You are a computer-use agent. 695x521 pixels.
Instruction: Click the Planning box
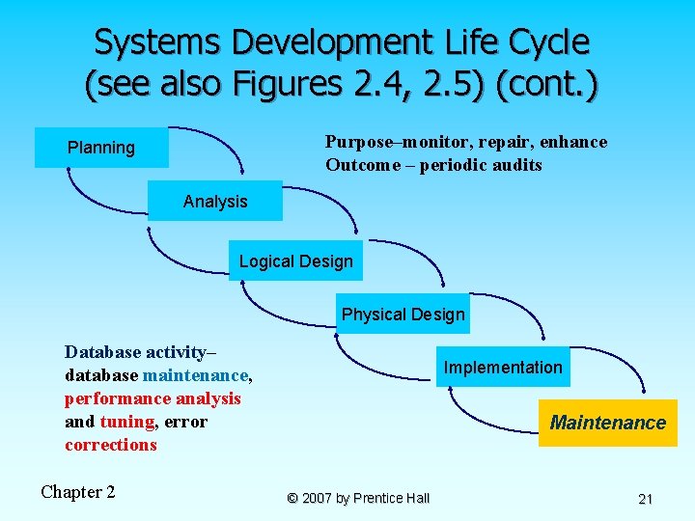pyautogui.click(x=101, y=148)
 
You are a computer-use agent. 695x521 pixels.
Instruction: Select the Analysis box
pyautogui.click(x=215, y=202)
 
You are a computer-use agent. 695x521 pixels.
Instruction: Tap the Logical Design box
pyautogui.click(x=296, y=261)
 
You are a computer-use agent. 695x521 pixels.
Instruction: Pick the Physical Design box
pyautogui.click(x=403, y=315)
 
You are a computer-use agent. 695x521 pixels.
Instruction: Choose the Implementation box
pyautogui.click(x=502, y=368)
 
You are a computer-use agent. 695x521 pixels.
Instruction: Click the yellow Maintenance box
pyautogui.click(x=608, y=423)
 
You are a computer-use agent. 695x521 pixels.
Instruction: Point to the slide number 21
pyautogui.click(x=646, y=499)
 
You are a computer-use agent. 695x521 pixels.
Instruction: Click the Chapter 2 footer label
pyautogui.click(x=77, y=492)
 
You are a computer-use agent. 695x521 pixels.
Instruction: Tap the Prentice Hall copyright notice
pyautogui.click(x=358, y=498)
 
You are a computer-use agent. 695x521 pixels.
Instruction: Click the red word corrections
pyautogui.click(x=111, y=445)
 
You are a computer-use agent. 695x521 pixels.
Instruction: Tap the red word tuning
pyautogui.click(x=126, y=422)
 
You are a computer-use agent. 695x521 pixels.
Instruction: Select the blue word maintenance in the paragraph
pyautogui.click(x=196, y=375)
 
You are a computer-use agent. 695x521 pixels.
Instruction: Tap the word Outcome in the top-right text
pyautogui.click(x=362, y=165)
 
